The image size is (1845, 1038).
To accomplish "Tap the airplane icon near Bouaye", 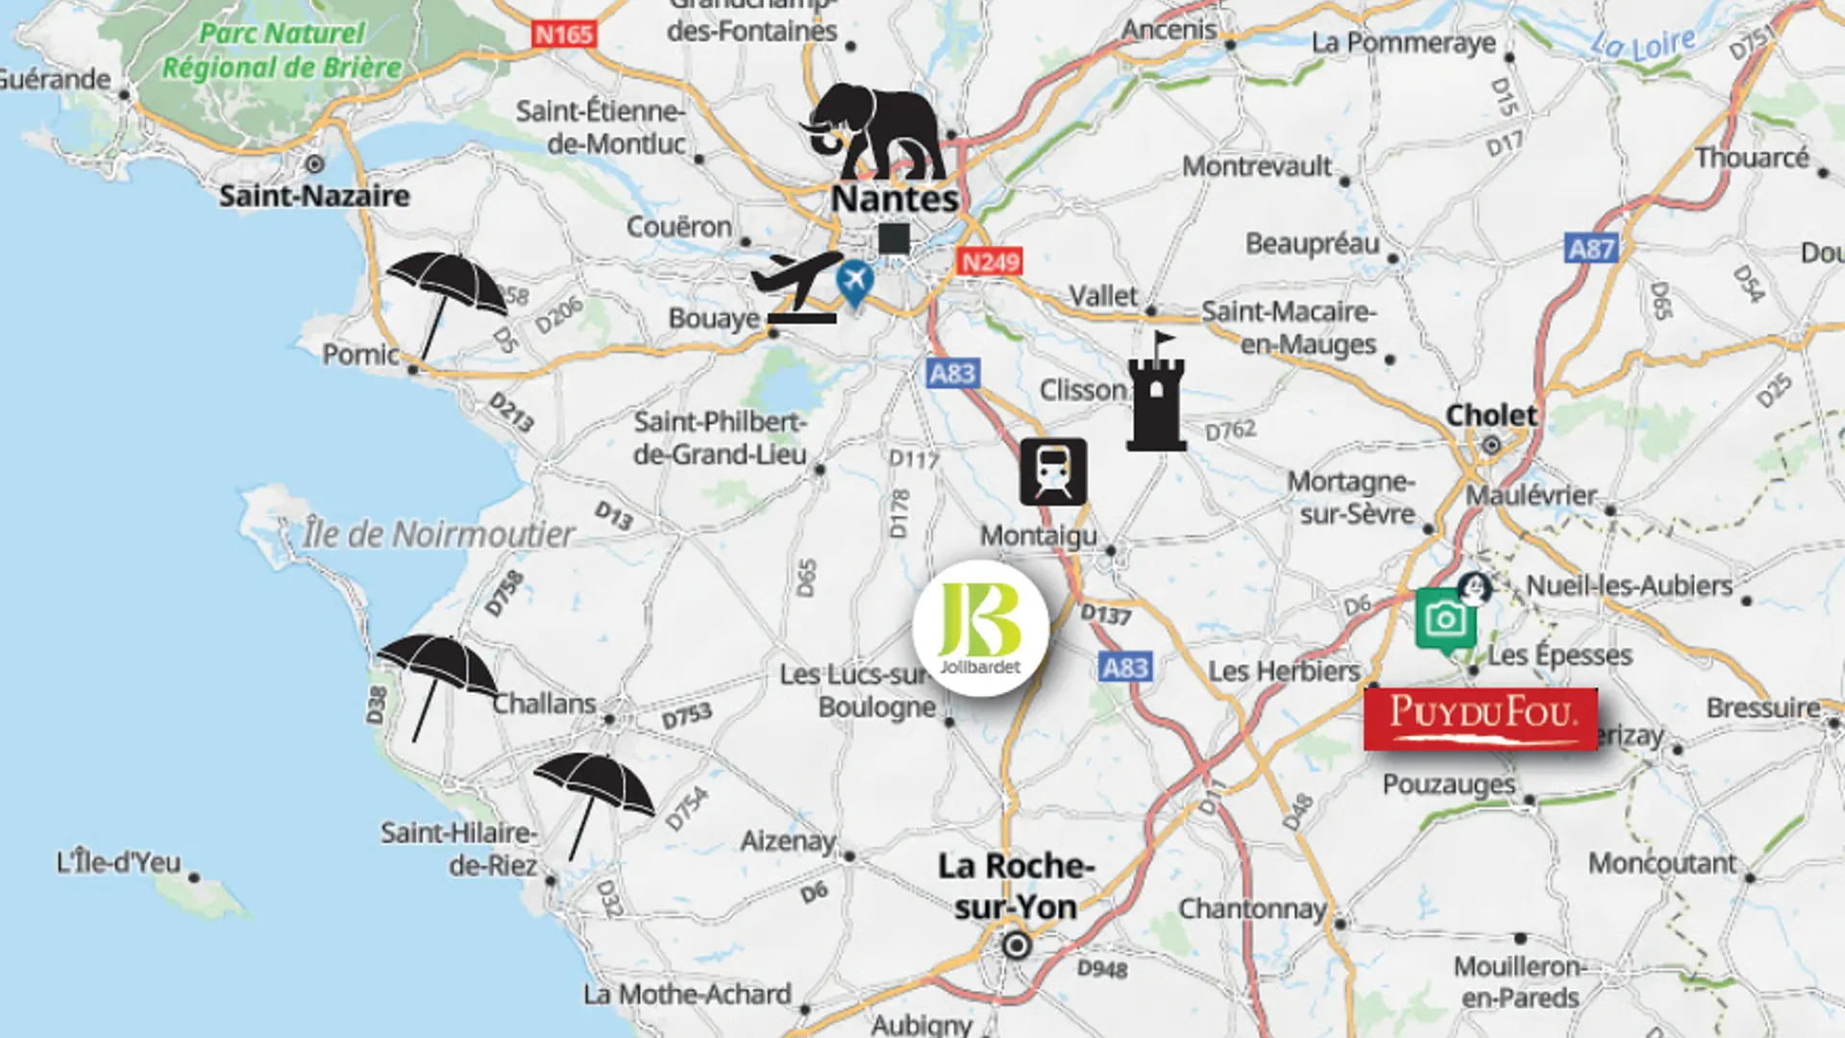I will [x=798, y=286].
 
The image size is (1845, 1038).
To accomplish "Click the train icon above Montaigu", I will [x=1053, y=472].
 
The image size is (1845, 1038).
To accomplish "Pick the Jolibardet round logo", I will [x=980, y=629].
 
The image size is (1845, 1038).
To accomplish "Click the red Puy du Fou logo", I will [x=1481, y=719].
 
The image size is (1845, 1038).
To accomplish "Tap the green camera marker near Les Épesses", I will [x=1446, y=620].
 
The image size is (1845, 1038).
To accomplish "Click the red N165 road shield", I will [x=564, y=35].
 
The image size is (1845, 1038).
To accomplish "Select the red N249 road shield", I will [x=990, y=261].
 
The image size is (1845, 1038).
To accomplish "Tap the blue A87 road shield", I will [x=1591, y=249].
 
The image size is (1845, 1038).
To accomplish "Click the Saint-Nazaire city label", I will [x=314, y=196].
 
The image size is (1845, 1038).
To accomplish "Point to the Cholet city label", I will [x=1491, y=415].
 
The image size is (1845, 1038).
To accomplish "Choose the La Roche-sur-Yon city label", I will [x=1016, y=886].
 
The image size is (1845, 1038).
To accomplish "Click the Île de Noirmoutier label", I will [x=438, y=534].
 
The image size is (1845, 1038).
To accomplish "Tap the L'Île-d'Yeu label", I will [x=118, y=862].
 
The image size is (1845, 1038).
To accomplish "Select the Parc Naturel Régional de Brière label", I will [x=282, y=51].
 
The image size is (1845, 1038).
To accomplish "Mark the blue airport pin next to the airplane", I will [x=854, y=283].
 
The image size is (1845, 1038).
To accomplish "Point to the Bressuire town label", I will [x=1763, y=708].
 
